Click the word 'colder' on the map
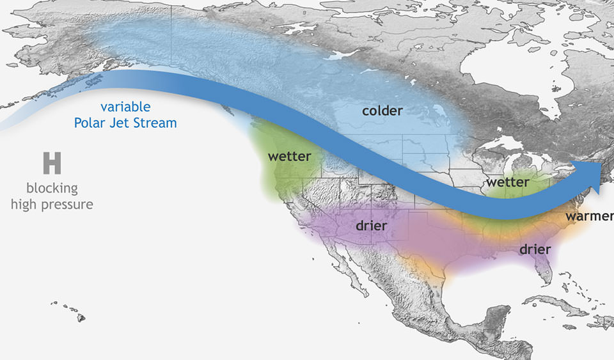click(382, 111)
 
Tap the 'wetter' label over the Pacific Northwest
click(289, 157)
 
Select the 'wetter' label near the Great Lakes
click(507, 183)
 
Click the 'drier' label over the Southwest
click(372, 226)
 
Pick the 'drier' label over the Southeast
click(535, 249)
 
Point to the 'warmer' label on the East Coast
click(588, 216)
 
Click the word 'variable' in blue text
click(125, 107)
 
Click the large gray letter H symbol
click(52, 164)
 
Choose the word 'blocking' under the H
click(52, 189)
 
